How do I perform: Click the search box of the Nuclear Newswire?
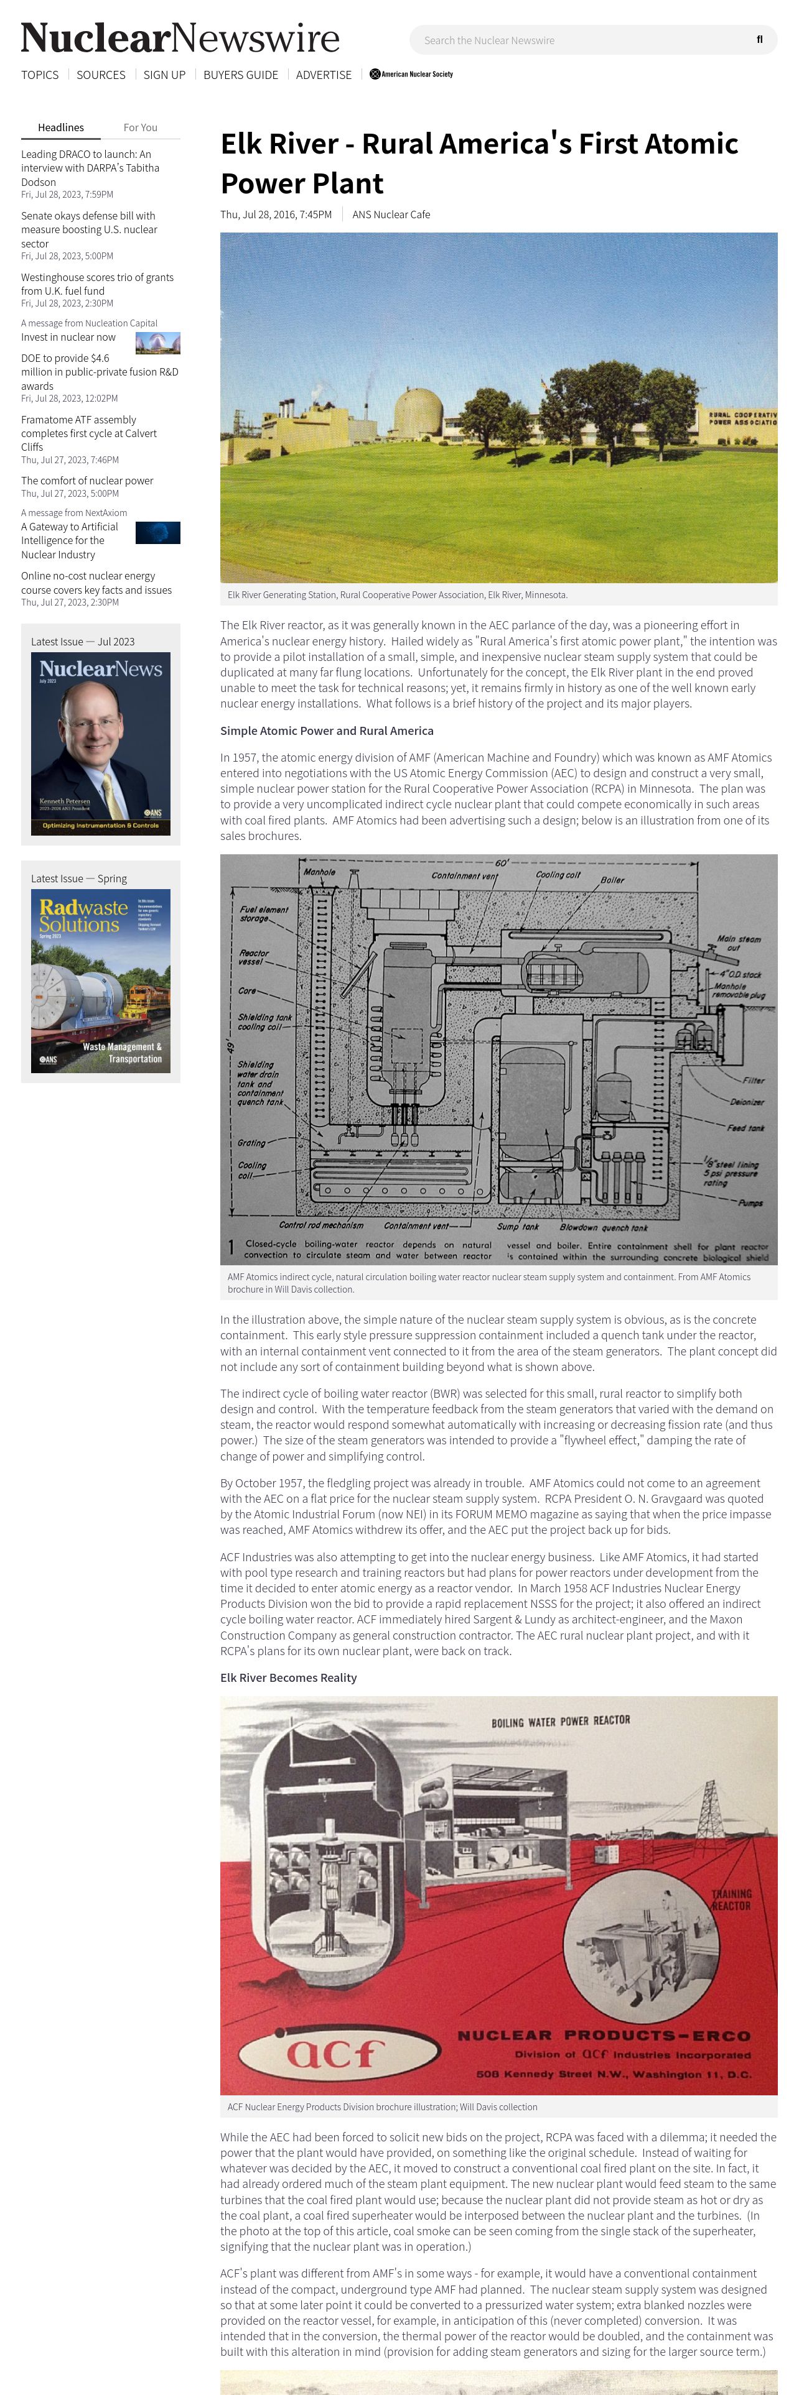577,40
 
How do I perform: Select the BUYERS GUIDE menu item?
240,75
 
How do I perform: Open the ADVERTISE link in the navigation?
323,75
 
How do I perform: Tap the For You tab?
141,127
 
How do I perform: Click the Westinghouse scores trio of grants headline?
96,284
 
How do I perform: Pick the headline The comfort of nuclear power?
86,481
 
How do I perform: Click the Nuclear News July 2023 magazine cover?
100,743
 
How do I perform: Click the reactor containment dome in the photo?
419,413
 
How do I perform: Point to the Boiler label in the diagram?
612,880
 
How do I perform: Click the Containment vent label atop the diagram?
464,875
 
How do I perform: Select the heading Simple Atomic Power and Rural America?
327,731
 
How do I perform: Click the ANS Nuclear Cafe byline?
391,215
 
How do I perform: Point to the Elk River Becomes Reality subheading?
288,1677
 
